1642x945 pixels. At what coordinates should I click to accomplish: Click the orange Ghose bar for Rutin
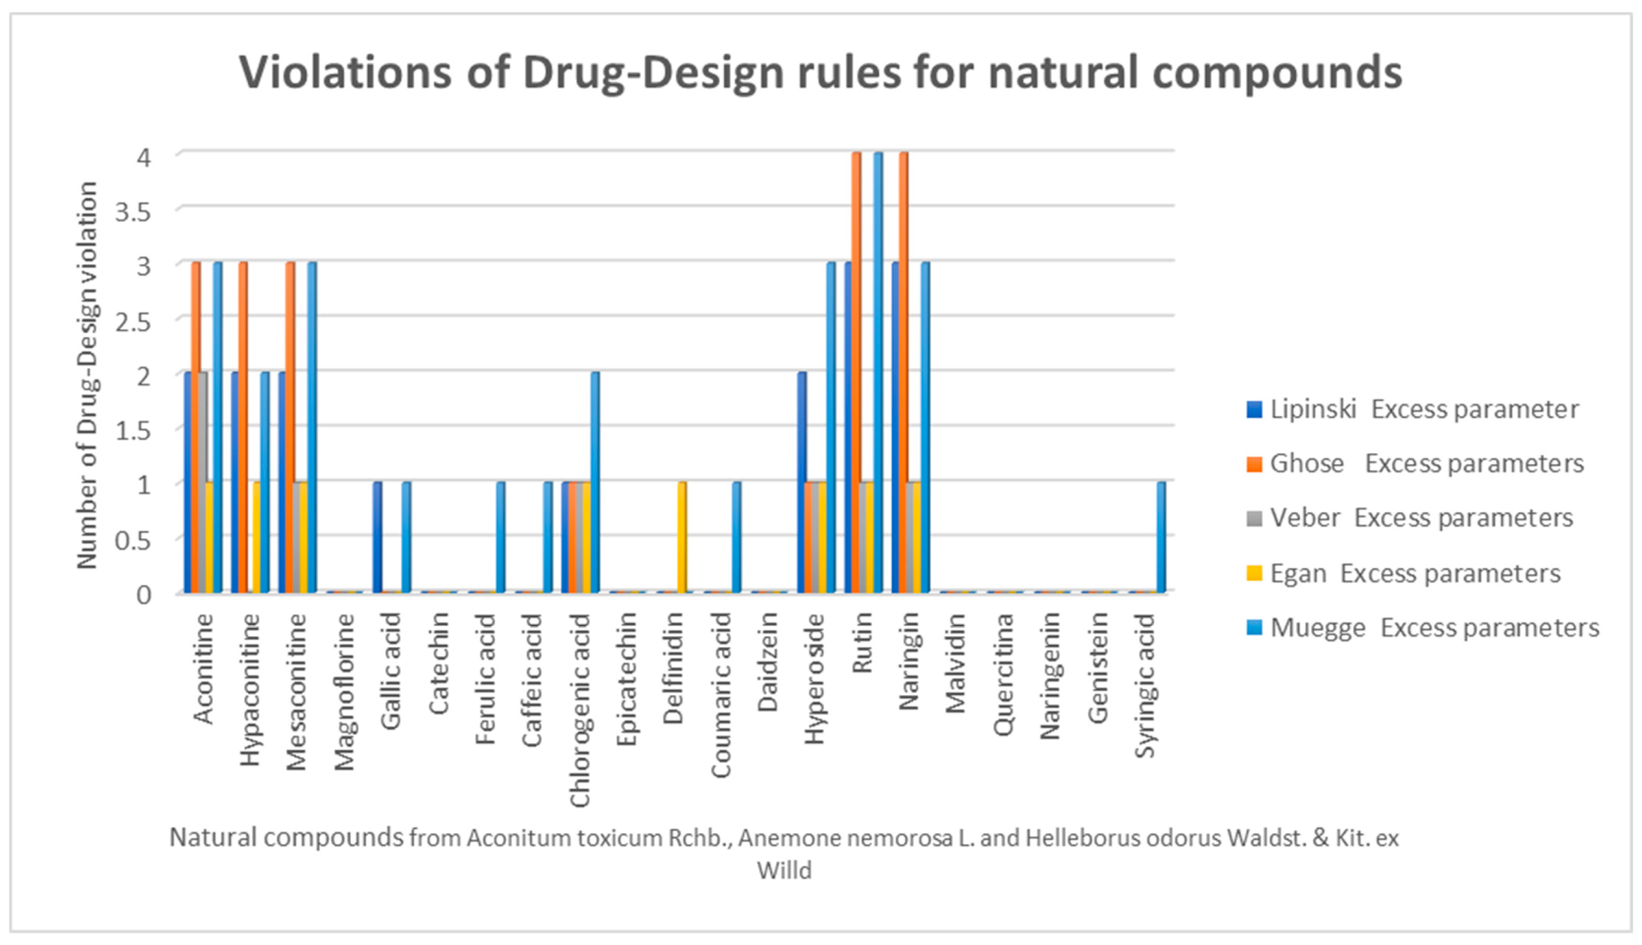(x=856, y=373)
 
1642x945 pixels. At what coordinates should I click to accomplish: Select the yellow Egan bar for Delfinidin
(x=681, y=537)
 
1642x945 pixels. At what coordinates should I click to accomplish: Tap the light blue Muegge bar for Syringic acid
(x=1161, y=537)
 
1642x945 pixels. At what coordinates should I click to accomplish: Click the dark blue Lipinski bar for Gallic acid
(x=377, y=537)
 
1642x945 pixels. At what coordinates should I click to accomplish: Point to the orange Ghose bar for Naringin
(x=903, y=373)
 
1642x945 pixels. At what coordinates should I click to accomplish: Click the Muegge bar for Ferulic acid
(x=500, y=537)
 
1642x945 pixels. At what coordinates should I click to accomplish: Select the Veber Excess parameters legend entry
(x=1412, y=518)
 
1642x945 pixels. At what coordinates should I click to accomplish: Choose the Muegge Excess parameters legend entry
(x=1425, y=628)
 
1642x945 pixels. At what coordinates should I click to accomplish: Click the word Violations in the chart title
(x=345, y=72)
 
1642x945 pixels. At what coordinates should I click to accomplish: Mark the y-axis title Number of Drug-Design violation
(x=87, y=375)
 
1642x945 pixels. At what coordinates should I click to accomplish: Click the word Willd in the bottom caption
(x=784, y=870)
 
